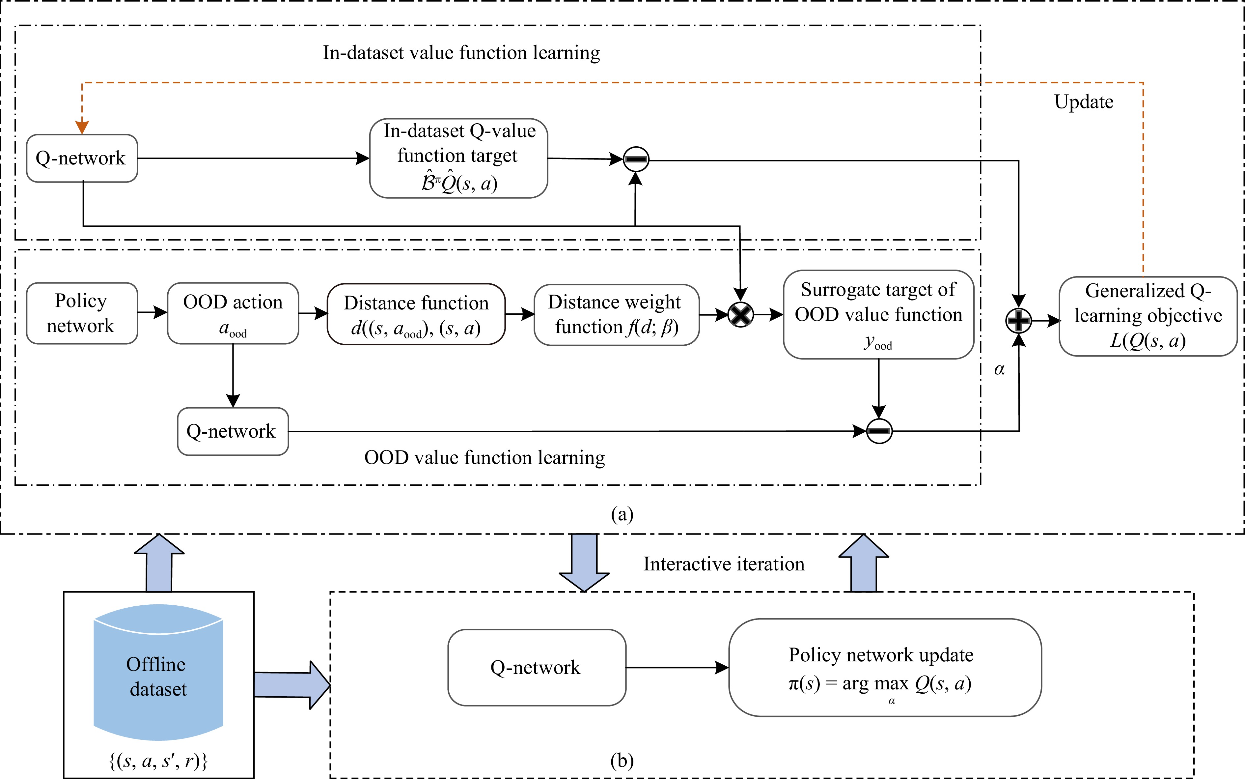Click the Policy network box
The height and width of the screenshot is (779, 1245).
pos(81,313)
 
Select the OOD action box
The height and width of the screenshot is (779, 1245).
pos(233,313)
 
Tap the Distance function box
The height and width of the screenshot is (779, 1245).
pos(416,314)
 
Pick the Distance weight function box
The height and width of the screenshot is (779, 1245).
pos(616,314)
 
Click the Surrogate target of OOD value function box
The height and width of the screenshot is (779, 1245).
pos(878,314)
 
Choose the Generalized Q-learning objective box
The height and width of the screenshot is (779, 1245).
pos(1148,316)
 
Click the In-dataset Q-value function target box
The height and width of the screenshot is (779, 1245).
pos(458,158)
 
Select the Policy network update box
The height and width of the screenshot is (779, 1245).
pos(885,667)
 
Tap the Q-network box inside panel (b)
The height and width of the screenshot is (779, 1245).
pos(537,667)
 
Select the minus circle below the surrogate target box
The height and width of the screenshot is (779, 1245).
pos(879,431)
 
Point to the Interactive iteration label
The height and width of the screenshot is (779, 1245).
pos(723,564)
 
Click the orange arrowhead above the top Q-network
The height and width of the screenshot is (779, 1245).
pos(82,127)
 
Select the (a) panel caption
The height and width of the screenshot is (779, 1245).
pos(622,514)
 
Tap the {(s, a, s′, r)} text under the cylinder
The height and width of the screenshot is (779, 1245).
pos(158,761)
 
